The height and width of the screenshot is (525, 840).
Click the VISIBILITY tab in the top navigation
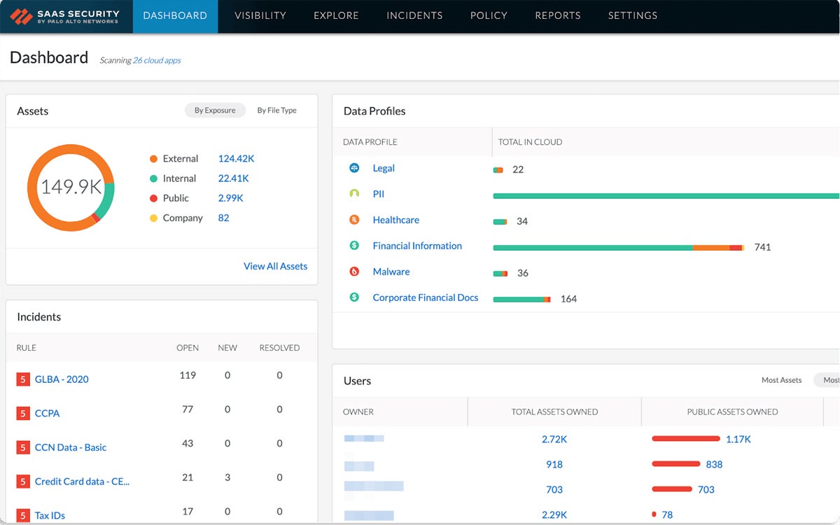[x=260, y=15]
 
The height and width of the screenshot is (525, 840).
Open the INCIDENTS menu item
[x=414, y=15]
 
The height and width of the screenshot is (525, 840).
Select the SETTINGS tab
[x=632, y=15]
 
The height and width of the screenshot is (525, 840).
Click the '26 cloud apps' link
[x=157, y=61]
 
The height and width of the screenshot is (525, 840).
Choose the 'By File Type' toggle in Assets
[x=276, y=111]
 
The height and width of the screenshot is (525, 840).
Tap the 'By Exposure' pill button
[x=215, y=111]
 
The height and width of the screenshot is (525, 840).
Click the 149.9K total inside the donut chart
[x=71, y=188]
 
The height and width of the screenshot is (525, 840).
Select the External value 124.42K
[x=236, y=159]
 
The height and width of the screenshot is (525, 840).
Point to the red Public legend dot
[x=153, y=198]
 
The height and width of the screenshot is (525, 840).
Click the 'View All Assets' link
[x=275, y=266]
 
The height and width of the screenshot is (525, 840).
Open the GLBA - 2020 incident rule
[x=62, y=379]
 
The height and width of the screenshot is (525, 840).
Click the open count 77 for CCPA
[x=187, y=409]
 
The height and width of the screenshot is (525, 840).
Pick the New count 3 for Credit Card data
[x=227, y=477]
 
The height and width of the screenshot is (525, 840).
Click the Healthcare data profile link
[x=395, y=220]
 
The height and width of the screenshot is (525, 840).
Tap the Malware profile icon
[x=354, y=272]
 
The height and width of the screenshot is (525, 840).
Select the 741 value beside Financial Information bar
[x=762, y=247]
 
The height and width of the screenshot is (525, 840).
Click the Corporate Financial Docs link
[x=425, y=297]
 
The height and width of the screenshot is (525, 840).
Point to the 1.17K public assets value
[x=738, y=440]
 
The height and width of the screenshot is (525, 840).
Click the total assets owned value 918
[x=554, y=464]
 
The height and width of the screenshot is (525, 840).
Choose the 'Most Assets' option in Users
[x=781, y=380]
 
